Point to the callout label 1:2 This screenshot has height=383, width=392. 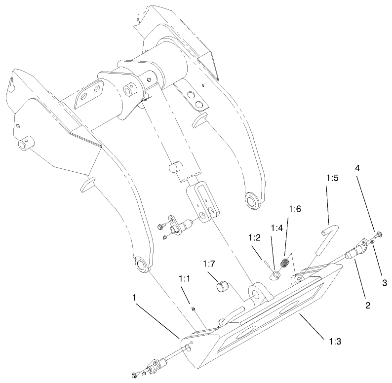click(254, 238)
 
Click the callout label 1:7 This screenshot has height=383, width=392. click(208, 265)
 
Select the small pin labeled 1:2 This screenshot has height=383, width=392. click(267, 262)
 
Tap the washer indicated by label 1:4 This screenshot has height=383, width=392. click(277, 273)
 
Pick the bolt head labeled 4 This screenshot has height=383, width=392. click(378, 233)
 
